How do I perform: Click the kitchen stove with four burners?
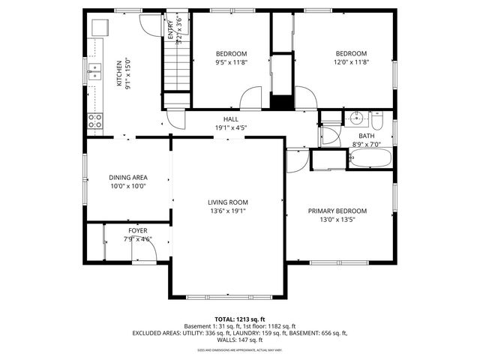95,120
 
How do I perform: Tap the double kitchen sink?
95,71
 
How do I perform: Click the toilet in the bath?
376,120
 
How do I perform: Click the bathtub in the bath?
370,158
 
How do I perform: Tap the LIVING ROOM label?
228,202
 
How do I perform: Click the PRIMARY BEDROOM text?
337,211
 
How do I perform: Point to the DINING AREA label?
127,178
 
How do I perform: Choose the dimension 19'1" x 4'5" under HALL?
231,127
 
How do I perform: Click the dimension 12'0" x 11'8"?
351,63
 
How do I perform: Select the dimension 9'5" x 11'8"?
231,63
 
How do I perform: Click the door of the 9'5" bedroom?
251,98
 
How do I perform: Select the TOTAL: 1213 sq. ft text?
240,319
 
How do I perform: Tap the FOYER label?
137,230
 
